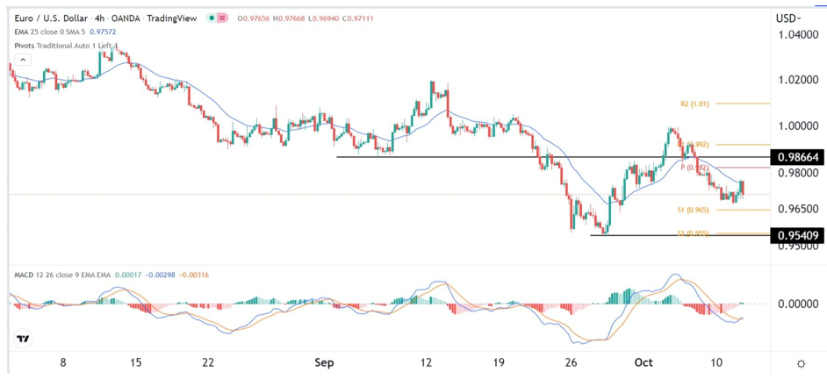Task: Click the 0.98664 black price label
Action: coord(797,158)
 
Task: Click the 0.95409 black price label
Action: coord(797,235)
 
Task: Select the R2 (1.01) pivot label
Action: coord(695,104)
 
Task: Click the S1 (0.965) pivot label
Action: coord(693,211)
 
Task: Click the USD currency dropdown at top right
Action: coord(787,18)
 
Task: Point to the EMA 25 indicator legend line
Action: coord(66,32)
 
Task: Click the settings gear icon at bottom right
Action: coord(801,363)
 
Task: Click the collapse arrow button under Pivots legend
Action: coord(22,60)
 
